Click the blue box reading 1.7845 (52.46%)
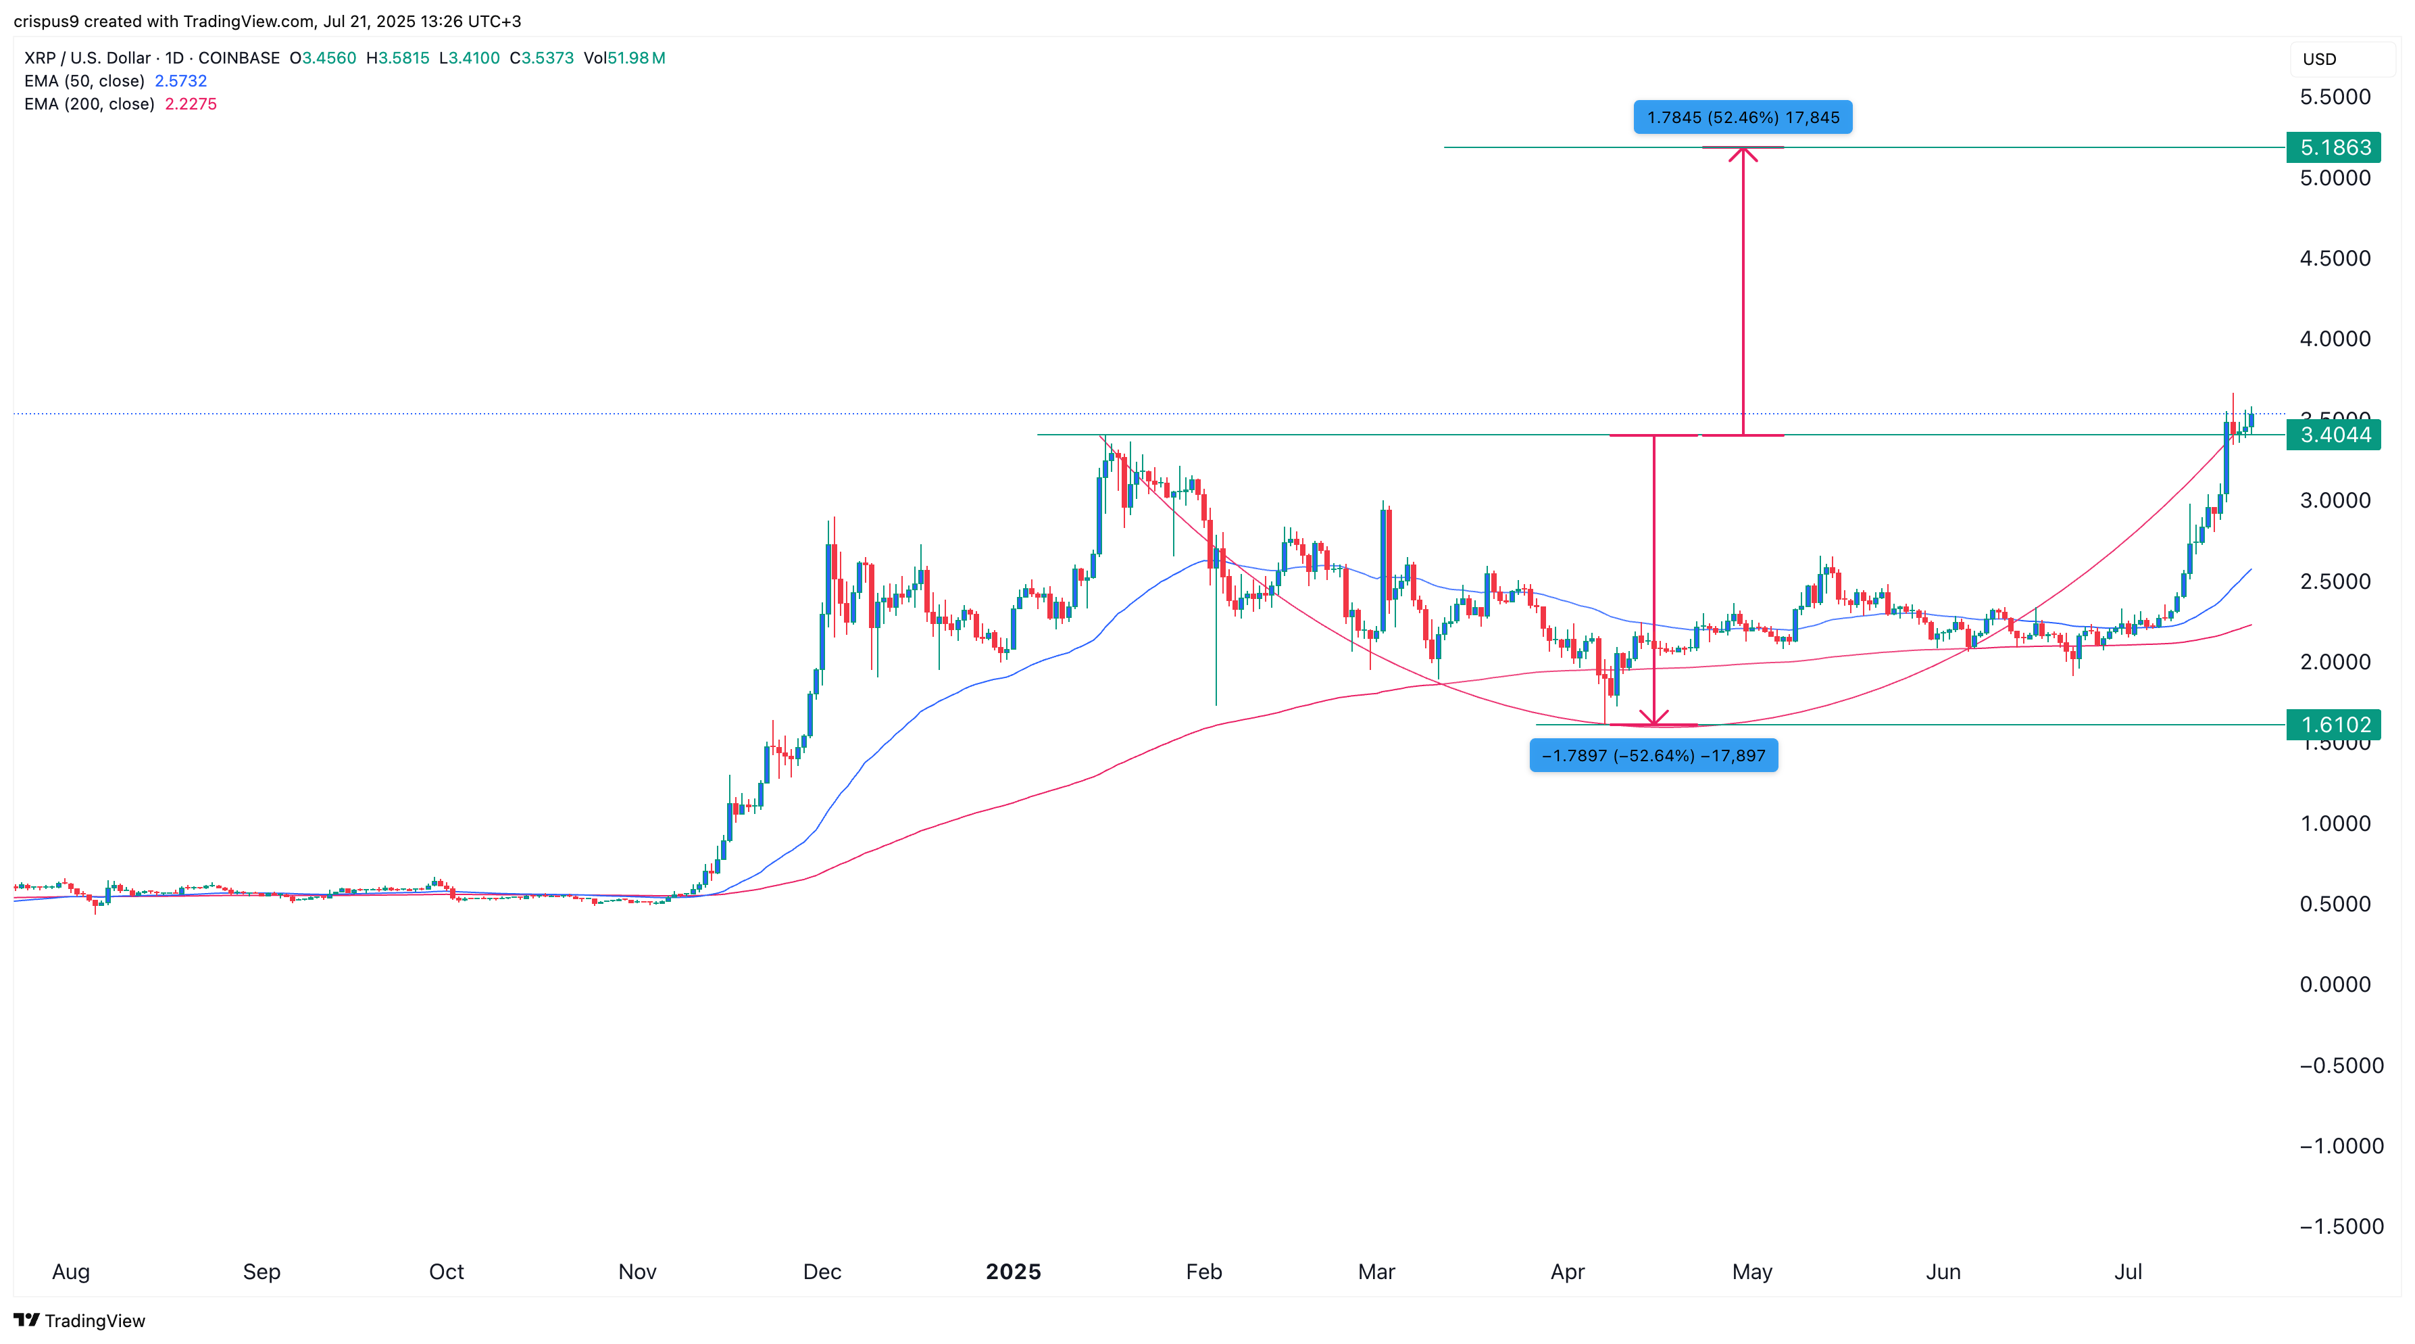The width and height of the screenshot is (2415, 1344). click(1743, 117)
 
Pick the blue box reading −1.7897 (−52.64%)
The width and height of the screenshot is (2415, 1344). click(1653, 756)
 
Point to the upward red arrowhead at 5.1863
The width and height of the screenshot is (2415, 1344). click(1743, 153)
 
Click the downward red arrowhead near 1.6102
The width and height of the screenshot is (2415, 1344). click(1653, 719)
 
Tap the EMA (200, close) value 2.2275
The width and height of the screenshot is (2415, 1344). click(191, 104)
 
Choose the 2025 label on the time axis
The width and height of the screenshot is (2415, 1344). click(1012, 1272)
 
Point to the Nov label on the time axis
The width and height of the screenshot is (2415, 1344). click(637, 1272)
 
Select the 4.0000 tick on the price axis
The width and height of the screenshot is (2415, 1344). click(2335, 339)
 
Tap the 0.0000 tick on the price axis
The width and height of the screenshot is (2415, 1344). click(2335, 985)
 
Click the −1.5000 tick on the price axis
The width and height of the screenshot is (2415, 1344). click(2341, 1227)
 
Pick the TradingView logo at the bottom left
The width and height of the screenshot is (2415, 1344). click(80, 1320)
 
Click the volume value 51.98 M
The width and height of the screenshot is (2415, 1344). click(636, 58)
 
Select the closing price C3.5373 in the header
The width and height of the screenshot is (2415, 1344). click(542, 58)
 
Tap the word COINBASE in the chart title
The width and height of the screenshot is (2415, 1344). click(239, 58)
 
